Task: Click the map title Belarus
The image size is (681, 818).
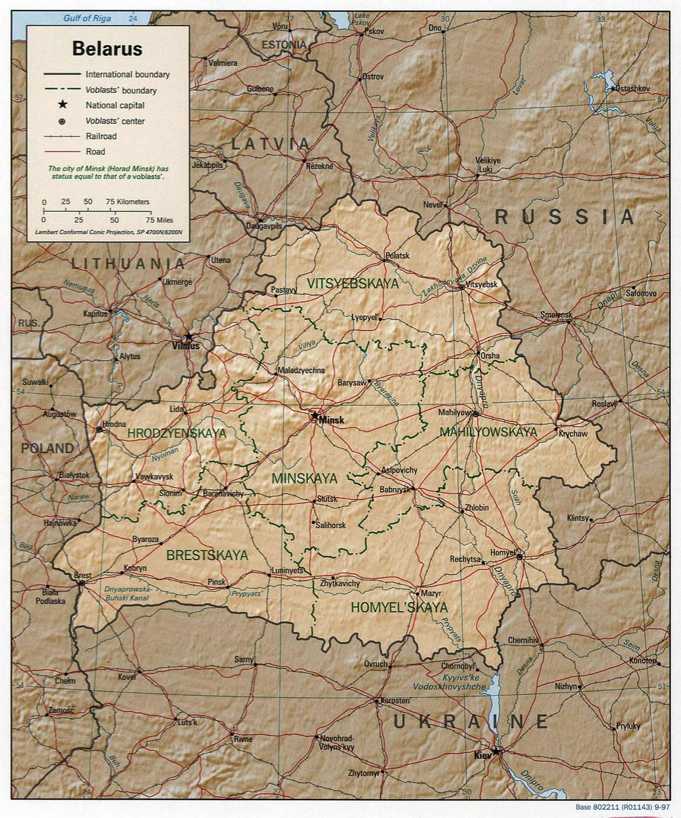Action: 107,49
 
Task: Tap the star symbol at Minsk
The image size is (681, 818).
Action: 315,415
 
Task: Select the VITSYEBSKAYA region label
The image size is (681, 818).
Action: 353,284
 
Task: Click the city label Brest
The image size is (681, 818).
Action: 83,576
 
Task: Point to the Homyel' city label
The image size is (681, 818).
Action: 502,553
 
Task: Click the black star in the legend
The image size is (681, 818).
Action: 62,105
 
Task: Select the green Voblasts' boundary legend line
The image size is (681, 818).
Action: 62,90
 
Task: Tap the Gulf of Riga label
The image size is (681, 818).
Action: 87,19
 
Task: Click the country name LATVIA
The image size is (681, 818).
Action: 270,144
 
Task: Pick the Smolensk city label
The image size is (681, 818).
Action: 556,315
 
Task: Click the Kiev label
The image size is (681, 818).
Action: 483,756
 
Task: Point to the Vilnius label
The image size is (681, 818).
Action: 186,347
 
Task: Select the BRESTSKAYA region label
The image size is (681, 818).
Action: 207,555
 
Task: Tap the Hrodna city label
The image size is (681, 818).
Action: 114,424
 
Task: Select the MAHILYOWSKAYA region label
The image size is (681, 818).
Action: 488,432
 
